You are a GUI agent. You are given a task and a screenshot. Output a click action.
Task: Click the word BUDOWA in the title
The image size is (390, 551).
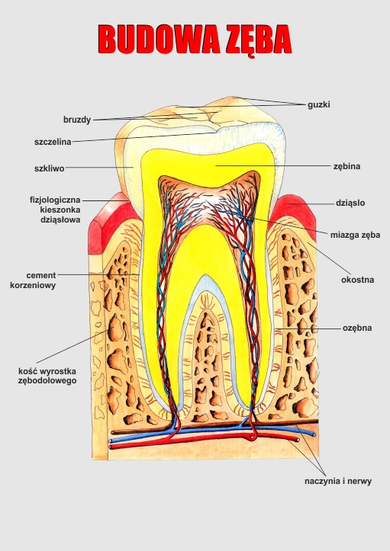point(159,39)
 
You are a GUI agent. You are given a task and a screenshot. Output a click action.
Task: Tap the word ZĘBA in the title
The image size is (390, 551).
point(259,40)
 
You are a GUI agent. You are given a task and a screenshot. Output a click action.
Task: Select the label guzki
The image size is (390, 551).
point(319,104)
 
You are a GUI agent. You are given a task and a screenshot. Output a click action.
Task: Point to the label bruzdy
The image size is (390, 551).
point(77,120)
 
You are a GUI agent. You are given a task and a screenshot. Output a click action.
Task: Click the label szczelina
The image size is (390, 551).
point(53,142)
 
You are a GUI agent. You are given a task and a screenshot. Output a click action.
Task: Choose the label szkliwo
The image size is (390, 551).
point(50,168)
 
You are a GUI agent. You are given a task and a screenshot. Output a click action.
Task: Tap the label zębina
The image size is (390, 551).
point(346,166)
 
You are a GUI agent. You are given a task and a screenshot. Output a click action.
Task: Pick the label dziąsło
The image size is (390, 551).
point(350,203)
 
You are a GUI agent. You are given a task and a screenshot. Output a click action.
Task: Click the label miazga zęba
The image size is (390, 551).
point(355,235)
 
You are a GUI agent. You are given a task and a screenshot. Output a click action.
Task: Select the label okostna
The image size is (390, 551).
point(358,280)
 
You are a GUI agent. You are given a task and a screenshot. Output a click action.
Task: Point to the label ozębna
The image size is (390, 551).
point(357,328)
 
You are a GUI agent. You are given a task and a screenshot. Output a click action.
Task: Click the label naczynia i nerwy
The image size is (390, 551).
point(338,481)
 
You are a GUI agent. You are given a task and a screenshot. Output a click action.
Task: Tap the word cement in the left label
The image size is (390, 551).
point(40,275)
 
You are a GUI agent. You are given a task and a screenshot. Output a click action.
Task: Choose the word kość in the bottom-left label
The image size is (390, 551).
point(27,371)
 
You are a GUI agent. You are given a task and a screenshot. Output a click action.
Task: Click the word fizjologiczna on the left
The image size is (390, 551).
point(55,200)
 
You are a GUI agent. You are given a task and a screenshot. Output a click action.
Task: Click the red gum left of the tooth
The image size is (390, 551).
point(110,223)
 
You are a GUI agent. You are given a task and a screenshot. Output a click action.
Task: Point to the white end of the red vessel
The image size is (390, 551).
point(298,440)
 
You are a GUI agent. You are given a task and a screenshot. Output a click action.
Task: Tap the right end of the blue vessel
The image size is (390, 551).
point(314,434)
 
